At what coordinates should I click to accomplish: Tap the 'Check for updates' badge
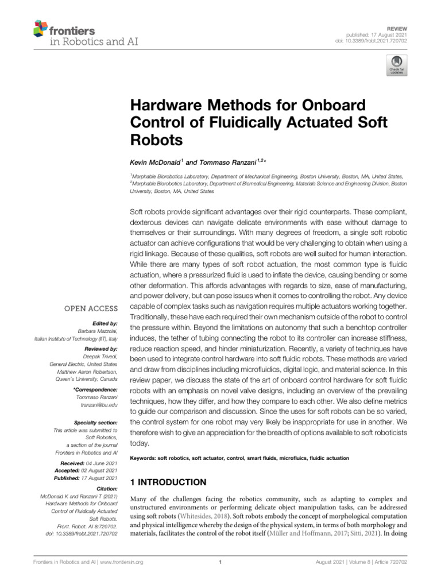[x=396, y=65]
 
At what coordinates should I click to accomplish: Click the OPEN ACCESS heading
[x=92, y=308]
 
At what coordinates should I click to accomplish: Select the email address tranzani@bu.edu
[x=98, y=405]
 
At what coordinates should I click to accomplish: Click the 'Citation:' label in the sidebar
[x=106, y=488]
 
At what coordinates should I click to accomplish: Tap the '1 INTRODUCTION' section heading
[x=167, y=482]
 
